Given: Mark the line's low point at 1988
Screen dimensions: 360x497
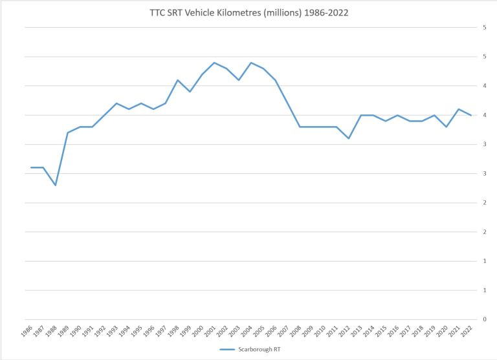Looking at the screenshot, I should coord(56,185).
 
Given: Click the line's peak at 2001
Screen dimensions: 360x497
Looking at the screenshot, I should coord(214,63).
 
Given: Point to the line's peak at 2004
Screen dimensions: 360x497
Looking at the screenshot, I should coord(250,63).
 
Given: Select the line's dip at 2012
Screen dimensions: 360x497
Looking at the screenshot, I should coord(348,138).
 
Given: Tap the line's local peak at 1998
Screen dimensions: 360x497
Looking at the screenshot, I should coord(177,80).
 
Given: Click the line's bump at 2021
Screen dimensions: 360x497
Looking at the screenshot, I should coord(458,109).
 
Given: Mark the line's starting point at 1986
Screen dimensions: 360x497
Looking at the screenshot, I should coord(31,167).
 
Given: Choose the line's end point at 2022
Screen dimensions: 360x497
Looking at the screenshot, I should coord(470,115).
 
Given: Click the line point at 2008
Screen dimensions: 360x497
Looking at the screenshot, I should coord(300,127).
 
